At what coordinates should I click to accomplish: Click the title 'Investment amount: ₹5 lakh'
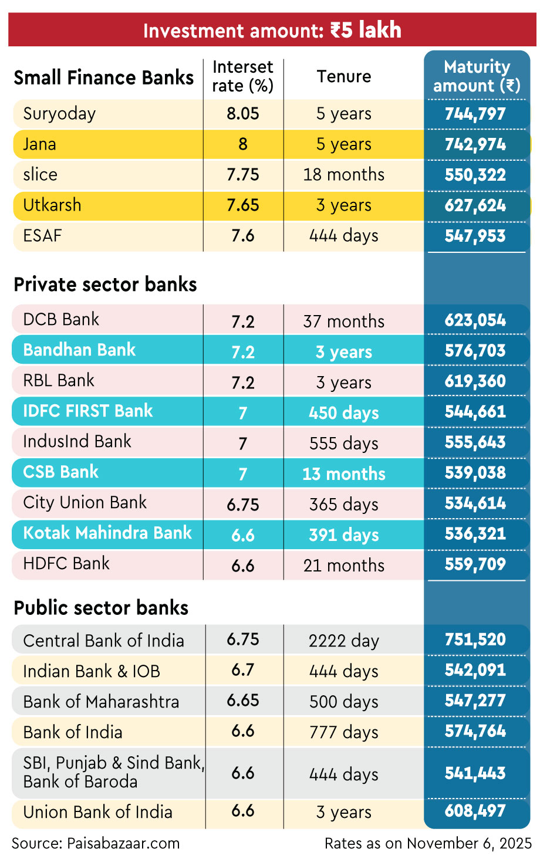(272, 30)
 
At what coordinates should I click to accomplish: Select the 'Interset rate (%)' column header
(242, 76)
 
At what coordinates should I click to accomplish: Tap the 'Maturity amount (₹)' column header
(477, 76)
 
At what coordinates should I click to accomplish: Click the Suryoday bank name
(59, 114)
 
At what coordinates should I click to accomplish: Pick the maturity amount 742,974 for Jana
(475, 144)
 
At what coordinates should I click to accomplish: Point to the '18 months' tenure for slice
(344, 175)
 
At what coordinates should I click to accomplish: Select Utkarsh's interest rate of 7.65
(242, 205)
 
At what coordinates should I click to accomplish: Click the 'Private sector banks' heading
(105, 285)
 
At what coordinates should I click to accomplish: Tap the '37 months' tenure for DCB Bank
(344, 322)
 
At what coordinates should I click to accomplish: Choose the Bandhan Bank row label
(79, 350)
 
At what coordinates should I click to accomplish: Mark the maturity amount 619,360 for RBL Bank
(475, 381)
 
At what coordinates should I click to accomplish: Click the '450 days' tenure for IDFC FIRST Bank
(344, 413)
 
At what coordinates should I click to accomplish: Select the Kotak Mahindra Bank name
(107, 533)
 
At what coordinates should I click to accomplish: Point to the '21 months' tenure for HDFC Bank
(344, 566)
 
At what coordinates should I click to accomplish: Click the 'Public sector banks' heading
(101, 608)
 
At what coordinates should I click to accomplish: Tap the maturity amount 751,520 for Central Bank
(475, 640)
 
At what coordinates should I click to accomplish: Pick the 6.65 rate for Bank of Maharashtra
(242, 701)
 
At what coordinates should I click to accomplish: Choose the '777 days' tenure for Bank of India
(344, 732)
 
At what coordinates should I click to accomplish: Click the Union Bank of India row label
(97, 812)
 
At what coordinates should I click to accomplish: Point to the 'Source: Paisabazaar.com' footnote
(96, 844)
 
